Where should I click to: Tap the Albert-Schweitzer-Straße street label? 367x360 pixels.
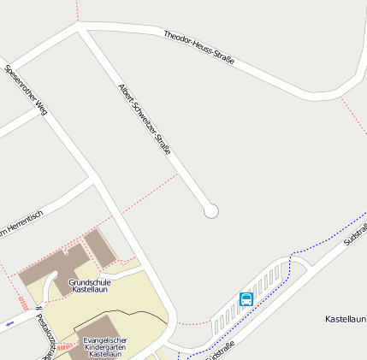[x=145, y=119]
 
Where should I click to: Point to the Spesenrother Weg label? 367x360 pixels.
[x=26, y=89]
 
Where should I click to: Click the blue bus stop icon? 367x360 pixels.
[x=246, y=298]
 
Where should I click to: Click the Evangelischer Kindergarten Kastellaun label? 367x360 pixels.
[x=104, y=346]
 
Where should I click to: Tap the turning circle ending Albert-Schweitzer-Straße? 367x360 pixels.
[x=211, y=210]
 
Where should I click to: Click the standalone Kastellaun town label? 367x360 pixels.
[x=346, y=319]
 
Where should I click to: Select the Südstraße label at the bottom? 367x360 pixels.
[x=222, y=350]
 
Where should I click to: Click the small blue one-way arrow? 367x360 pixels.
[x=9, y=324]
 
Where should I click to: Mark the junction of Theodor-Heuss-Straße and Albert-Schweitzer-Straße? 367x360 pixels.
[x=83, y=28]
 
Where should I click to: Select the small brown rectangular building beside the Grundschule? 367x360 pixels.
[x=99, y=246]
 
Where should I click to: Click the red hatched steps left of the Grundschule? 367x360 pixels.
[x=23, y=304]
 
